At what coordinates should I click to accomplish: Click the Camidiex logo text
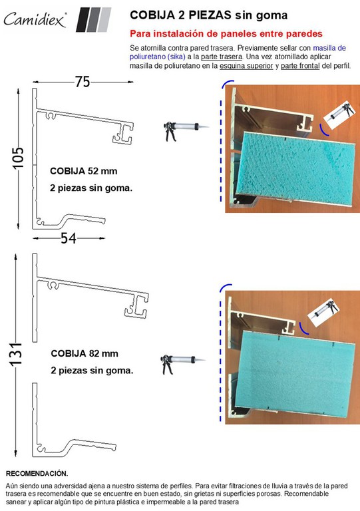pos(35,19)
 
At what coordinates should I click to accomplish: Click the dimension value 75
pos(83,82)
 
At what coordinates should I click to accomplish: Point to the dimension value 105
pos(19,158)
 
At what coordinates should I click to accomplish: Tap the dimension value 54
pos(69,238)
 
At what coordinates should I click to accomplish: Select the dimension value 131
pos(16,354)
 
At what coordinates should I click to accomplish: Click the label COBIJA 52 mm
pos(83,171)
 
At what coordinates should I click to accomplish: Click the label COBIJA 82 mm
pos(85,353)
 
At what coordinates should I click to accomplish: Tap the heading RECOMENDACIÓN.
pos(37,473)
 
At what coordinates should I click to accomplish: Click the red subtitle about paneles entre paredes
pos(226,33)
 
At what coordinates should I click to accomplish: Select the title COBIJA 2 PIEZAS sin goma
pos(208,15)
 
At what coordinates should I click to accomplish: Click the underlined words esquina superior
pos(246,65)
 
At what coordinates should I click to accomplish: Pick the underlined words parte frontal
pos(300,65)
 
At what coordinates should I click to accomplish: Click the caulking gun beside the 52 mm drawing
pos(186,130)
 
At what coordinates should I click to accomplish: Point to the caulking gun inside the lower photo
pos(323,311)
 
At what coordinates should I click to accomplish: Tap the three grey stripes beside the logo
pos(94,19)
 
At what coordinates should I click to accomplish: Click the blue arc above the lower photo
pos(225,287)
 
